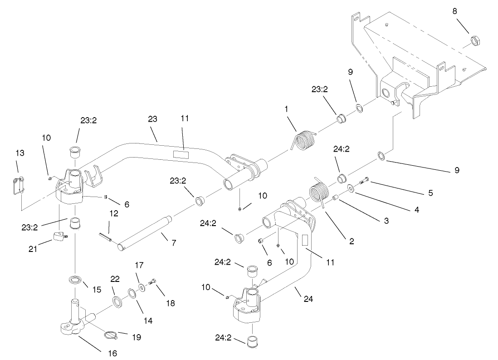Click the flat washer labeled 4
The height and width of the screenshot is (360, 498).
tap(351, 188)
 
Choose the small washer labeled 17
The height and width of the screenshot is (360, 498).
tap(142, 287)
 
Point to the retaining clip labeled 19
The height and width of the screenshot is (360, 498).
tap(111, 335)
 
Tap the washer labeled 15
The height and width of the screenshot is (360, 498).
tap(75, 279)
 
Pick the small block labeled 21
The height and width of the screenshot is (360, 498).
tap(57, 236)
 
